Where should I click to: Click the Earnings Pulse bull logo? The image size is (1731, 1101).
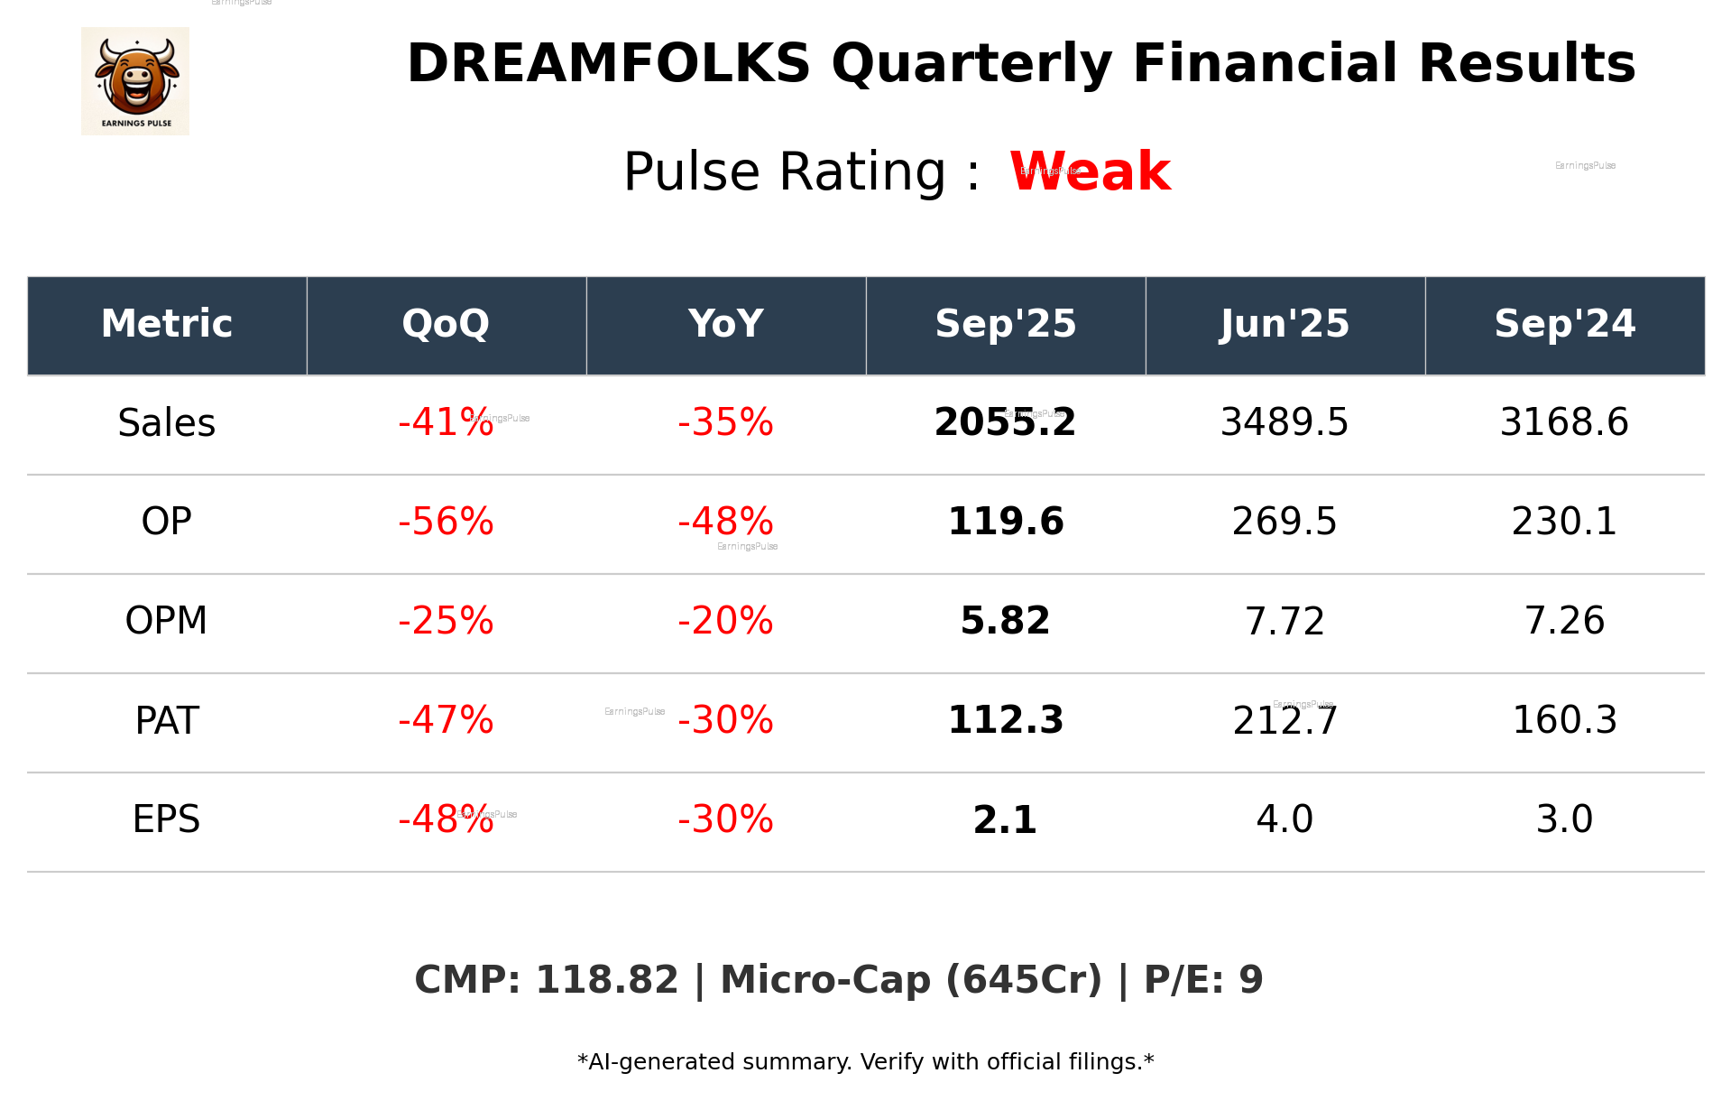pos(135,80)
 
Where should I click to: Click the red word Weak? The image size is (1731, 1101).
pos(1090,171)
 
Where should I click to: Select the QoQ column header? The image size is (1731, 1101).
pos(446,324)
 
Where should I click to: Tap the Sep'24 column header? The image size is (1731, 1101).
pos(1564,324)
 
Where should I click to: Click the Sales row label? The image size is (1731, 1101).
pos(167,423)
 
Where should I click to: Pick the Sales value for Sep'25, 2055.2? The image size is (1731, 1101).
pos(1005,423)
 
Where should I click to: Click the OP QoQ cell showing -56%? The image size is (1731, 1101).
pos(446,522)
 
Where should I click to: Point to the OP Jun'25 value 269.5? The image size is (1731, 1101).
pos(1284,522)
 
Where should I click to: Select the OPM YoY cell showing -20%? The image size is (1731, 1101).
pos(725,621)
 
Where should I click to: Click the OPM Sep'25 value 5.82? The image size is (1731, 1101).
pos(1005,621)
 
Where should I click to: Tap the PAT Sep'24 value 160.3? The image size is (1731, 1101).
pos(1564,720)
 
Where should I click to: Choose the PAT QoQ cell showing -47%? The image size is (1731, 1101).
pos(446,720)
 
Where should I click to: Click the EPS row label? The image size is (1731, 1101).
pos(167,819)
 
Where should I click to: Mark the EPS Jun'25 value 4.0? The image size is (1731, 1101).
pos(1284,819)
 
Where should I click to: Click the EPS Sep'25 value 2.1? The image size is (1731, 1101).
pos(1005,819)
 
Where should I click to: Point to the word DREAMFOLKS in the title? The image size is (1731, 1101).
pos(609,64)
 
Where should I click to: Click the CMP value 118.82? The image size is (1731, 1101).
pos(606,980)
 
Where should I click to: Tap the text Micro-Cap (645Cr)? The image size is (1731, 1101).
pos(911,980)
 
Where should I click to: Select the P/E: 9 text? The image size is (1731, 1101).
pos(1203,980)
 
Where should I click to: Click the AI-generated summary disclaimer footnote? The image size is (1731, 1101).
pos(865,1062)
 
